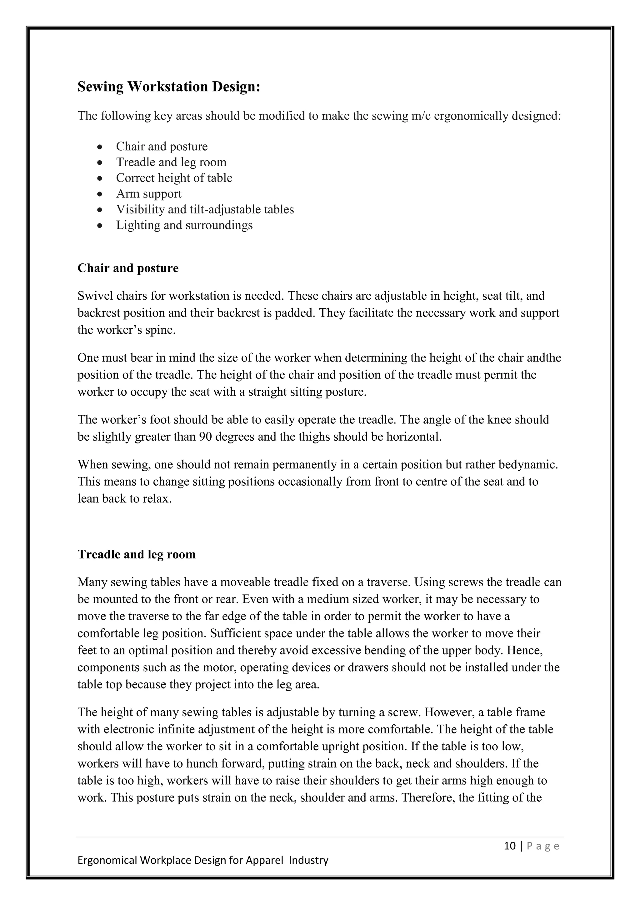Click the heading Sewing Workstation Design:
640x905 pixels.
(169, 87)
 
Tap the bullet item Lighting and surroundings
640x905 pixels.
(184, 225)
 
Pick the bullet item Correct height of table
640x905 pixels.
(174, 178)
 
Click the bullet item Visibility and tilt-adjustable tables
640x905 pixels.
(205, 209)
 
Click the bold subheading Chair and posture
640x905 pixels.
(128, 268)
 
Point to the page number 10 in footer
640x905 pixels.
(510, 846)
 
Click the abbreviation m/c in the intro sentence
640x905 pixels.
(421, 116)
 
